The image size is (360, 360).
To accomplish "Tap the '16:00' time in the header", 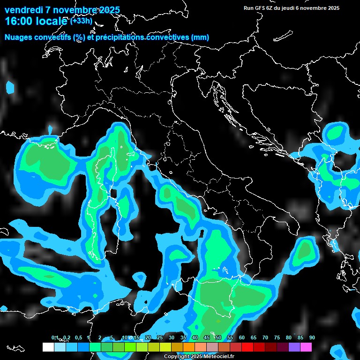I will pyautogui.click(x=17, y=21).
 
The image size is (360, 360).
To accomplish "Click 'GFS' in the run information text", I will pyautogui.click(x=260, y=8).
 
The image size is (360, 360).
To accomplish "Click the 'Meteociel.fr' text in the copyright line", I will pyautogui.click(x=219, y=357).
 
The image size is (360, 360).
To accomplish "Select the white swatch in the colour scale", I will pyautogui.click(x=48, y=347).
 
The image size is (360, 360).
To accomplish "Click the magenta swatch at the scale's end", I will pyautogui.click(x=306, y=347).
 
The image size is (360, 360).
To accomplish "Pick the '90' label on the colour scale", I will pyautogui.click(x=312, y=338).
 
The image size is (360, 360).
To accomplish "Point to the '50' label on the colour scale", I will pyautogui.click(x=218, y=338).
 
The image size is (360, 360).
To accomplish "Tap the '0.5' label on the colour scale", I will pyautogui.click(x=78, y=338).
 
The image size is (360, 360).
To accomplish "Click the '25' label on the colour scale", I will pyautogui.click(x=160, y=338).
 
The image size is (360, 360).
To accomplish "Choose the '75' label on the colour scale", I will pyautogui.click(x=277, y=338).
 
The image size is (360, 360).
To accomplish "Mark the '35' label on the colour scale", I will pyautogui.click(x=183, y=338).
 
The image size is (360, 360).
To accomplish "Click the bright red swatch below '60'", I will pyautogui.click(x=247, y=347).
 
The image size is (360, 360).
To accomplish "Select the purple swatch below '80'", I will pyautogui.click(x=294, y=347).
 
